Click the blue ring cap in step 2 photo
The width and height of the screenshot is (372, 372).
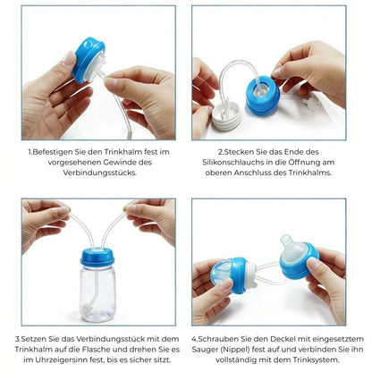click(x=263, y=95)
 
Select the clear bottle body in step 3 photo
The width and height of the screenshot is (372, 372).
click(x=97, y=293)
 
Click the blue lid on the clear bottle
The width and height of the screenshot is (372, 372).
click(x=97, y=257)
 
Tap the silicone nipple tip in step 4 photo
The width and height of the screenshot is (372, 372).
click(x=287, y=240)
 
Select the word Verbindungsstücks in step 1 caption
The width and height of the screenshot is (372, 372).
click(x=100, y=173)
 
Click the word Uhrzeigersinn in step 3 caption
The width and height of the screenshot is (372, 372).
click(x=61, y=359)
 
